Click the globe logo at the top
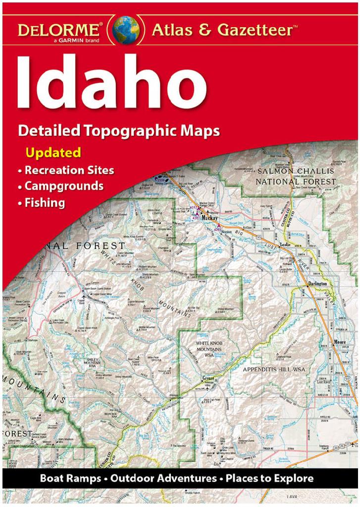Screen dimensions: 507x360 pos(125,29)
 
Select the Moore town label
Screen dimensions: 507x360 pos(340,342)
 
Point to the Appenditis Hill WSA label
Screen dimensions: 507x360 pos(275,369)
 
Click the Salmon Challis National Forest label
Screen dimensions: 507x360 pos(296,176)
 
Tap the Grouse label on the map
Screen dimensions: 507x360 pos(207,378)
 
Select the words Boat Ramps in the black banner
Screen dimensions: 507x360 pos(70,478)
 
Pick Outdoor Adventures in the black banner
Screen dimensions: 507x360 pos(163,478)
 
